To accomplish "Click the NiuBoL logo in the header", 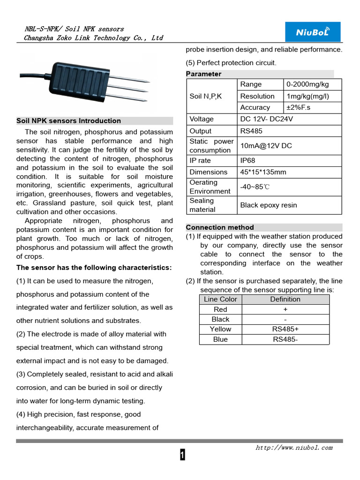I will (313, 32).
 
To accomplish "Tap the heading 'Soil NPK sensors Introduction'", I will (69, 120).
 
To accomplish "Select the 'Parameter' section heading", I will (203, 74).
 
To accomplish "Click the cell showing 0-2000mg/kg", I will (307, 84).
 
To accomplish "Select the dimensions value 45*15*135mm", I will (263, 172).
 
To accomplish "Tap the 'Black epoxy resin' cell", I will (269, 205).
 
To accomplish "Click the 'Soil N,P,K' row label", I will (206, 96).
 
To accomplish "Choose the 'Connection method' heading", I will (220, 227).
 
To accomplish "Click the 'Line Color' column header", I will (220, 299).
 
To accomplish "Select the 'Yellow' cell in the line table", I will (220, 329).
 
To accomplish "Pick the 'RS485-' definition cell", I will (285, 339).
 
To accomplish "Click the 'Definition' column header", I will (285, 299).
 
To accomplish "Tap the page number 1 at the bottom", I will (182, 455).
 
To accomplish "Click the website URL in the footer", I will (294, 448).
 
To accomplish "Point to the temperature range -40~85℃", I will (255, 187).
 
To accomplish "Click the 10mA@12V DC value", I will (266, 146).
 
